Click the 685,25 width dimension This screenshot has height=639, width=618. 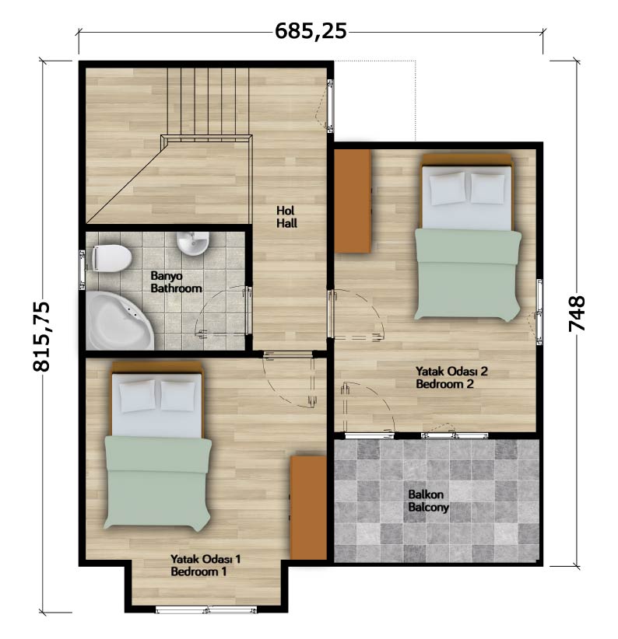click(311, 31)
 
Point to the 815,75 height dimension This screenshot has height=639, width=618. click(41, 336)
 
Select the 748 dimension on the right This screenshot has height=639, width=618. click(577, 313)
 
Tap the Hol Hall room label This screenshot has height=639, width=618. click(286, 217)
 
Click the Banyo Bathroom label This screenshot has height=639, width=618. click(176, 282)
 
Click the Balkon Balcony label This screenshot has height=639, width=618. click(428, 501)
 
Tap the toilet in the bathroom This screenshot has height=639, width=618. click(111, 258)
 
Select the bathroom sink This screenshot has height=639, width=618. click(193, 243)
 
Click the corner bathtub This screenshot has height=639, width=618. click(118, 321)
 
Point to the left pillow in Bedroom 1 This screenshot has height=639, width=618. click(138, 396)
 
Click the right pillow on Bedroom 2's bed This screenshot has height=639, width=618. click(487, 188)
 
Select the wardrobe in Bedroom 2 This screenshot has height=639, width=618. click(353, 201)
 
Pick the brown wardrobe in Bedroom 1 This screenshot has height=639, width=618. click(308, 508)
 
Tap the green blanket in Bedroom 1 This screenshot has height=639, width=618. click(158, 483)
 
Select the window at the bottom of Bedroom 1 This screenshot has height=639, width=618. click(206, 610)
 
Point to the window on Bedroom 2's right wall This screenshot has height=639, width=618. click(539, 312)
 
